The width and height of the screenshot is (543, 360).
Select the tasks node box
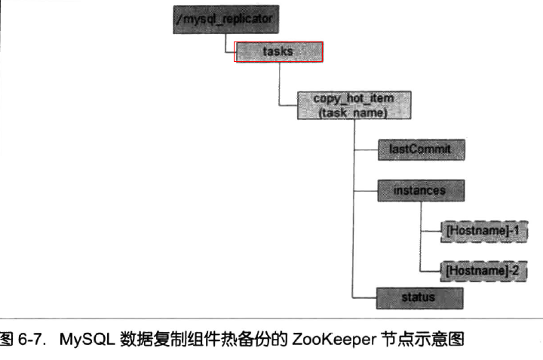pos(279,52)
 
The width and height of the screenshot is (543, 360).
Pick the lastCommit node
pos(420,149)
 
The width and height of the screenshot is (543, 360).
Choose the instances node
pos(420,190)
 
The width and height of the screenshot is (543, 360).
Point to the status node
pos(420,297)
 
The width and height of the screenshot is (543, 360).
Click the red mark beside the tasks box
pos(235,52)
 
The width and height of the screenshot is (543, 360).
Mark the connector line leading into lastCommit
pos(365,149)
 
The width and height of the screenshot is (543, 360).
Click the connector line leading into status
pos(365,297)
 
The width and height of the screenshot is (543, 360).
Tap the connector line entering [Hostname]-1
pos(429,231)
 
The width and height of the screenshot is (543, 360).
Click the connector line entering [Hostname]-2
pos(429,269)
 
